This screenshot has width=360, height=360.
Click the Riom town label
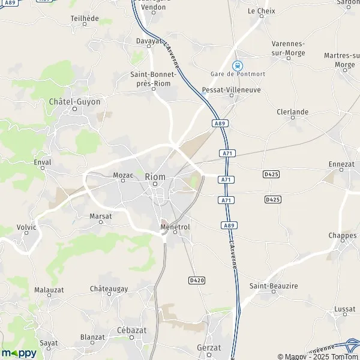[155, 176]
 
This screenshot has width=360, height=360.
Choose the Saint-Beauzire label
[274, 286]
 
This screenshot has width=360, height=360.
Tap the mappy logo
[19, 353]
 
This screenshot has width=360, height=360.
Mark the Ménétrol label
[175, 227]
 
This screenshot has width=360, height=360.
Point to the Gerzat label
[209, 347]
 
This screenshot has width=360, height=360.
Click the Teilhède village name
[84, 19]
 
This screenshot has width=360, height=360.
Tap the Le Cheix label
[260, 11]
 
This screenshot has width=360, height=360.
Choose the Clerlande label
[293, 112]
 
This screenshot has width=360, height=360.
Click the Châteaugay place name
[109, 289]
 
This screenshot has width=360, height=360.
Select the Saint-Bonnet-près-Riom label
[154, 79]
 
